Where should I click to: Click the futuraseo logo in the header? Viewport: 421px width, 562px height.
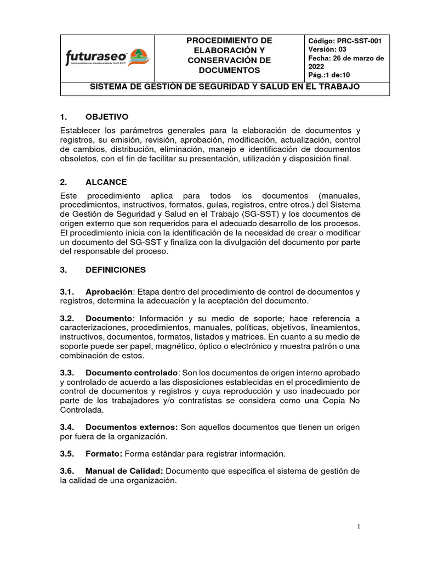tap(107, 58)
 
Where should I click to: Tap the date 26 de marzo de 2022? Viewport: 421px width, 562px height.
tap(345, 62)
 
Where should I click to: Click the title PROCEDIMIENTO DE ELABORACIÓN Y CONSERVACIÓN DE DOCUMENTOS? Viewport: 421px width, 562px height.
tap(229, 56)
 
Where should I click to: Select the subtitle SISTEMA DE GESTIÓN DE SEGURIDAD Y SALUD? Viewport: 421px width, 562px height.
tap(225, 87)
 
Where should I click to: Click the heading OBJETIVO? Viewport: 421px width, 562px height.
tap(107, 117)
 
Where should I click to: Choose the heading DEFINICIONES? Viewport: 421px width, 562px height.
tap(116, 269)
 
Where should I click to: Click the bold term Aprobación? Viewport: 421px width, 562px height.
tap(109, 291)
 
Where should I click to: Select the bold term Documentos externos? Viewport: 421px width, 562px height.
tap(132, 426)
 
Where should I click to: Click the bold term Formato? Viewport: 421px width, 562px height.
tap(104, 453)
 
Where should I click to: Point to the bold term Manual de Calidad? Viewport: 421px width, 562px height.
tap(124, 471)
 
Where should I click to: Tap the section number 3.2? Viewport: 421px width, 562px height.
tap(67, 318)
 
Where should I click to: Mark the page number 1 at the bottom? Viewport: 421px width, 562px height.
tap(359, 527)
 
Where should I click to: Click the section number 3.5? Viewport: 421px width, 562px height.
tap(67, 453)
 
